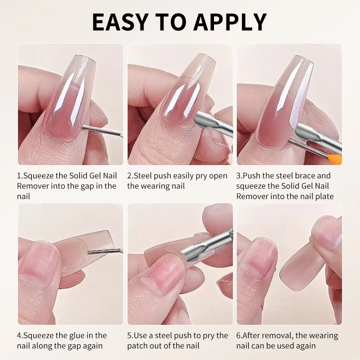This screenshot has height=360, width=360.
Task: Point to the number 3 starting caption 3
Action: pyautogui.click(x=238, y=176)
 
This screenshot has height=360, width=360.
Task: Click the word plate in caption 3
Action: pyautogui.click(x=324, y=196)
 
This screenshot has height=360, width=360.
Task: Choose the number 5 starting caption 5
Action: pyautogui.click(x=130, y=336)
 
